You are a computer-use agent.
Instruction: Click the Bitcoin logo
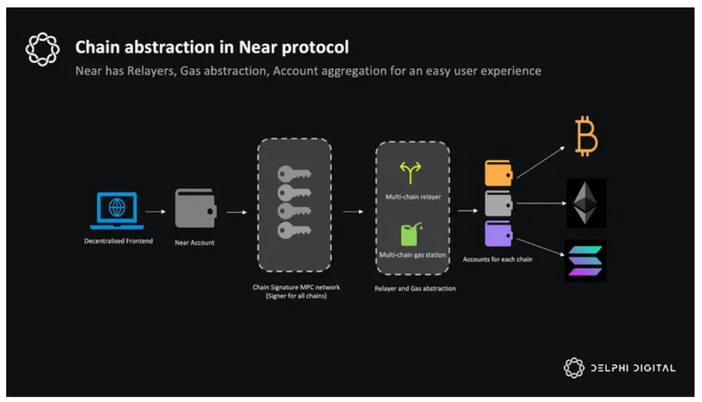click(x=586, y=138)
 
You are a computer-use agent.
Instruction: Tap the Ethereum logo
click(x=586, y=203)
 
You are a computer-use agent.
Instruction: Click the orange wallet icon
click(x=498, y=173)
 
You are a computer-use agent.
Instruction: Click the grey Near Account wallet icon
click(x=194, y=208)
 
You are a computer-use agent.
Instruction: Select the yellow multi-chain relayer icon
click(x=411, y=172)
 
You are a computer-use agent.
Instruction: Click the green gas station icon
click(x=411, y=234)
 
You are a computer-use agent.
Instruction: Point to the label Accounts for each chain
click(x=497, y=259)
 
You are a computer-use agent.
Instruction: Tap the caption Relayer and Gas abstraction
click(x=415, y=288)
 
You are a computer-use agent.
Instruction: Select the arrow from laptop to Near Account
click(x=155, y=212)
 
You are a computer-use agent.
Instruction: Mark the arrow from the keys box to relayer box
click(x=353, y=212)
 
